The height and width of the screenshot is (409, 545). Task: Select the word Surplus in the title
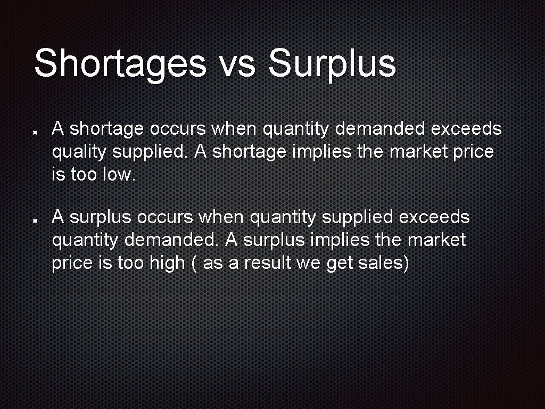(332, 63)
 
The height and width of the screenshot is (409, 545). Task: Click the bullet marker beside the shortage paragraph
(34, 130)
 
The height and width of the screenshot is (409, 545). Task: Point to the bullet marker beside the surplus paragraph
(34, 219)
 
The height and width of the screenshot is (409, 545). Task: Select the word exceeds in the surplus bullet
(434, 217)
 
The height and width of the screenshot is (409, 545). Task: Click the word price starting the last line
(71, 263)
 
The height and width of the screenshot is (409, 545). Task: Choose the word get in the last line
(339, 263)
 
